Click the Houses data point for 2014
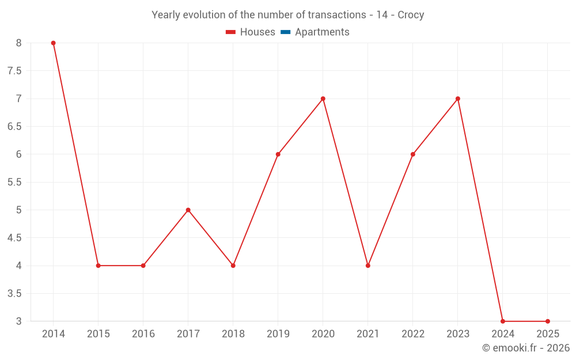pos(53,43)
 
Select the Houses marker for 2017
pos(188,210)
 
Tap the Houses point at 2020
pos(323,98)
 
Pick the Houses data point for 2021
pos(368,266)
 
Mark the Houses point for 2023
pos(458,98)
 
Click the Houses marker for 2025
pos(548,321)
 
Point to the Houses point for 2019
pos(278,154)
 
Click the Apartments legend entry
pos(322,32)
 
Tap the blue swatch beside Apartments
pos(285,32)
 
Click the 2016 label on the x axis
pos(143,334)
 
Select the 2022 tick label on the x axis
pos(413,334)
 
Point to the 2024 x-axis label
pos(503,334)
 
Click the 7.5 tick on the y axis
pos(14,71)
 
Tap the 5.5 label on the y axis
pos(14,182)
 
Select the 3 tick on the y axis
pos(18,321)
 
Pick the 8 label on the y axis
pos(18,43)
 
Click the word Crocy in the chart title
pos(411,15)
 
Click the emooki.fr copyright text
pos(526,348)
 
